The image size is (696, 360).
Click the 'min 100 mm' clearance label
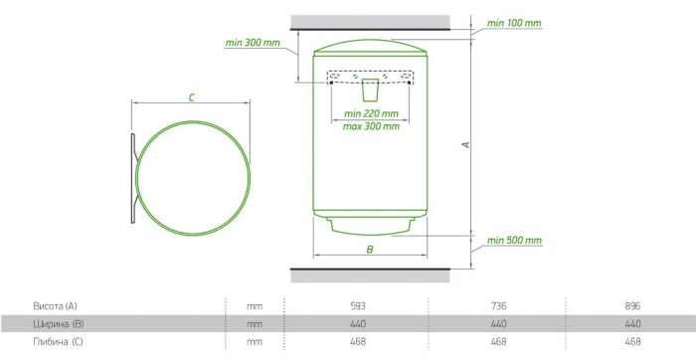[x=514, y=23]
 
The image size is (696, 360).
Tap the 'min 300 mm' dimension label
[x=253, y=43]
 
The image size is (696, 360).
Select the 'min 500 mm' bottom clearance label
[x=514, y=240]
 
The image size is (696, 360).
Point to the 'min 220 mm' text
[x=371, y=113]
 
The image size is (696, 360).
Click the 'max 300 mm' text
[x=371, y=126]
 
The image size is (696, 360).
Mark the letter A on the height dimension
[x=466, y=145]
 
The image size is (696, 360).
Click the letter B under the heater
[x=370, y=250]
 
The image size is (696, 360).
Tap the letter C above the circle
[x=191, y=97]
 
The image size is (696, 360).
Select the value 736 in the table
[x=498, y=306]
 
